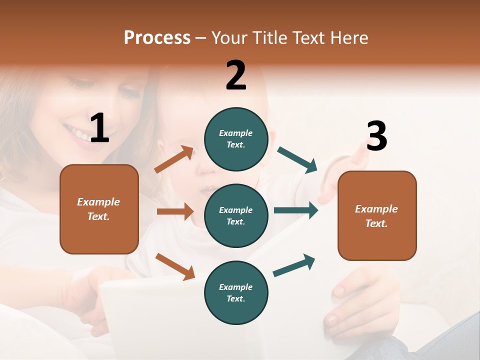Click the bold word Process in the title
click(157, 38)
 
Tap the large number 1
click(99, 128)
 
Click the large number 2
click(236, 75)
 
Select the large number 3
click(376, 136)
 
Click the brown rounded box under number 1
click(99, 209)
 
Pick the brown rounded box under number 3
click(377, 215)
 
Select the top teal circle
click(236, 139)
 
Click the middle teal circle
click(236, 215)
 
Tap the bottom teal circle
click(236, 292)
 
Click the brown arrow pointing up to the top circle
click(174, 159)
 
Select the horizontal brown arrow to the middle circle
click(175, 211)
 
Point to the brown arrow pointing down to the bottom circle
click(175, 266)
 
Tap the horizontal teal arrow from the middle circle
click(296, 210)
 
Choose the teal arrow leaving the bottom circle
click(294, 265)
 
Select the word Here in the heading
click(349, 38)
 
